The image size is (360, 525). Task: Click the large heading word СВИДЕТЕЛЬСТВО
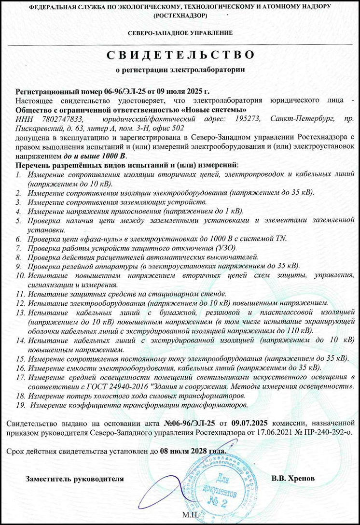pos(180,53)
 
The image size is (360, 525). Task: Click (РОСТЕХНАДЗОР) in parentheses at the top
pos(180,15)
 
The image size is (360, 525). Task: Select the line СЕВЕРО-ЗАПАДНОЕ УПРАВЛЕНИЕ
pos(180,33)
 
